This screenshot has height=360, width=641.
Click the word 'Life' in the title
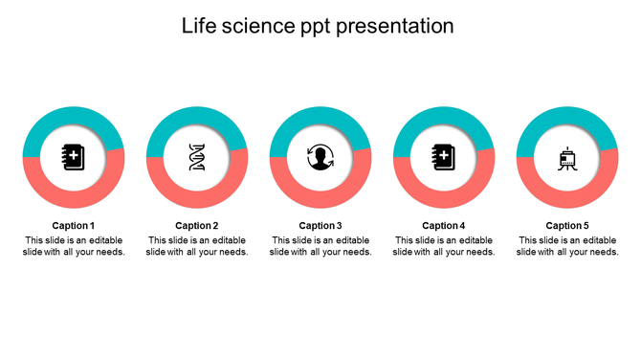coord(199,26)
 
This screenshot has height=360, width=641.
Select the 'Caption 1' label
coord(74,226)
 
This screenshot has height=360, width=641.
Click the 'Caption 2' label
coord(197,226)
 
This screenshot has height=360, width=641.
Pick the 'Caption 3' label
coord(320,226)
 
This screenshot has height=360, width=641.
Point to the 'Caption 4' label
coord(444,226)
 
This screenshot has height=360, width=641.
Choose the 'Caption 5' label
coord(567,226)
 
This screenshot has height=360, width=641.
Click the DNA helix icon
coord(197,157)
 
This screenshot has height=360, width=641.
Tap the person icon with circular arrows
coord(320,157)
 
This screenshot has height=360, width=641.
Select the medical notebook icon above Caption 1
coord(74,156)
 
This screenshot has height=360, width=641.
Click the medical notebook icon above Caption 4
coord(444,156)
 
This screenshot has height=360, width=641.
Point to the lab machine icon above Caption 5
coord(567,157)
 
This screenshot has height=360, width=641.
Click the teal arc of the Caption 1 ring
coord(74,117)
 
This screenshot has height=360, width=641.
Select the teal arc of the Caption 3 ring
coord(320,117)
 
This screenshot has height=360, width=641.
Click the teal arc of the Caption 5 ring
coord(567,117)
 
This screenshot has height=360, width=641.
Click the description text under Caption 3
coord(320,246)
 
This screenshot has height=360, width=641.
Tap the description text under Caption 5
coord(567,246)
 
